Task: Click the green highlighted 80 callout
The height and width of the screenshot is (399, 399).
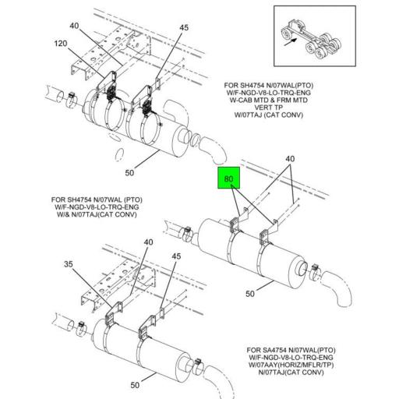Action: coord(229,180)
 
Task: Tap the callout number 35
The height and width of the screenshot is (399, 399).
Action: coord(69,264)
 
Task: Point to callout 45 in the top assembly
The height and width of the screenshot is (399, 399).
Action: coord(184,29)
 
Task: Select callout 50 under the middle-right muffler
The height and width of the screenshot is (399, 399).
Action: coord(251,294)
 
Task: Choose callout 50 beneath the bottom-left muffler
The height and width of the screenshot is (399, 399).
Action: coord(135,385)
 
